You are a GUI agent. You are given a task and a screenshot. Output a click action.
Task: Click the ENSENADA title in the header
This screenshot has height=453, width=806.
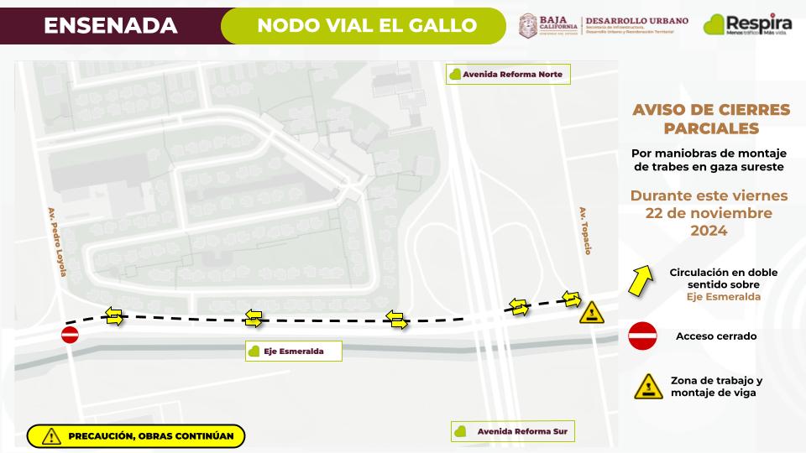tap(110, 25)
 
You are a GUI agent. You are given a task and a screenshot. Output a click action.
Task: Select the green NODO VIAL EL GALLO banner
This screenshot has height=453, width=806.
tap(367, 25)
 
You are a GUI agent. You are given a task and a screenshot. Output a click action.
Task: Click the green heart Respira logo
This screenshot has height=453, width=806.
tap(714, 24)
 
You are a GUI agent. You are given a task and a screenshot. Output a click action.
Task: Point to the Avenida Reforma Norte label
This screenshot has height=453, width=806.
tap(507, 74)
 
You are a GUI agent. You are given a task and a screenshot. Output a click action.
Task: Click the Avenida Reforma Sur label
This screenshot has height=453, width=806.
tap(512, 432)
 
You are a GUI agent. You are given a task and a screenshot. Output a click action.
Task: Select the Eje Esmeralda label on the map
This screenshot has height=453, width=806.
tap(293, 351)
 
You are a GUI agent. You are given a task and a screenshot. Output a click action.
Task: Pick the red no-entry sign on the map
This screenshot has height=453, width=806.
tap(70, 336)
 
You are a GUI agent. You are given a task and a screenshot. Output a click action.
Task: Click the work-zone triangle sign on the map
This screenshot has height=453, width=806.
tap(591, 313)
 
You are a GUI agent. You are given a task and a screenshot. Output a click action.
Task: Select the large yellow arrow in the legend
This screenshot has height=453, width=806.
tap(641, 279)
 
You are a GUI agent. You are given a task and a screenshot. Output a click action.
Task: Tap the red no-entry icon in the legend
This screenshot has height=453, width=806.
tap(643, 336)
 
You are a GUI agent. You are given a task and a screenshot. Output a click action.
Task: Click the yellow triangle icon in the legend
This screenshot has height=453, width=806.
tap(647, 386)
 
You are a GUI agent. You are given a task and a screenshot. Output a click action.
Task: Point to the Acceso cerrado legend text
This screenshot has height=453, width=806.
tap(716, 336)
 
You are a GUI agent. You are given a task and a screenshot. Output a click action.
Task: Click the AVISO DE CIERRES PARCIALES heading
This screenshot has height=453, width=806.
tap(710, 119)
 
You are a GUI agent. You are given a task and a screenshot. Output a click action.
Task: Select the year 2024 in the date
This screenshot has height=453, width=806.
tap(709, 231)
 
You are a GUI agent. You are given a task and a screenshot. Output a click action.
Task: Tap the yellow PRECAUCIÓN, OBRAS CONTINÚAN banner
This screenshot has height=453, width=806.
tap(136, 435)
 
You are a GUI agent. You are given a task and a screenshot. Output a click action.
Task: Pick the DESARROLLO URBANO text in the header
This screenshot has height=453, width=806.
tap(636, 20)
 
